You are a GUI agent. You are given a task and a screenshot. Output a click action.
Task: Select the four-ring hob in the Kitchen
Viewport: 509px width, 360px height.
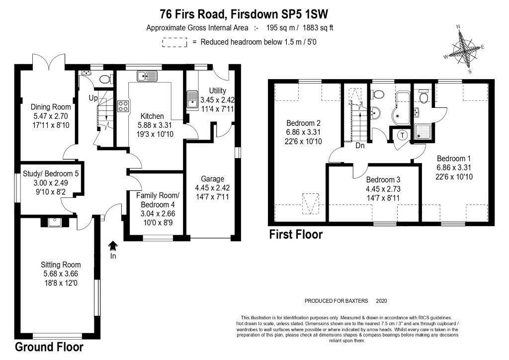click(x=123, y=106)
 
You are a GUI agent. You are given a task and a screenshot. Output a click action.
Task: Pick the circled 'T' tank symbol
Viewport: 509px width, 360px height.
click(x=402, y=134)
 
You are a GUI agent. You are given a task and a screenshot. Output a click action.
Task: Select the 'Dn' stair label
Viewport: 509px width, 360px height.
click(x=361, y=146)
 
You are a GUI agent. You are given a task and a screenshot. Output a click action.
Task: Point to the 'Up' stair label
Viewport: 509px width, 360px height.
click(x=93, y=97)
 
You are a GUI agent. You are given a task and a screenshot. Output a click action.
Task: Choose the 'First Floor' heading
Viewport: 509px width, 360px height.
click(x=296, y=234)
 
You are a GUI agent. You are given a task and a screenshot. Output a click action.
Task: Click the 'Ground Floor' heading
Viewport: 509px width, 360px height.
click(x=49, y=347)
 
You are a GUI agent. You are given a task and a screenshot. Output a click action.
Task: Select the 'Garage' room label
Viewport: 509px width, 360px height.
click(x=213, y=179)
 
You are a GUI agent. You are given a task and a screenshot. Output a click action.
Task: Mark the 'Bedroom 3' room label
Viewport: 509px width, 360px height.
click(x=383, y=180)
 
